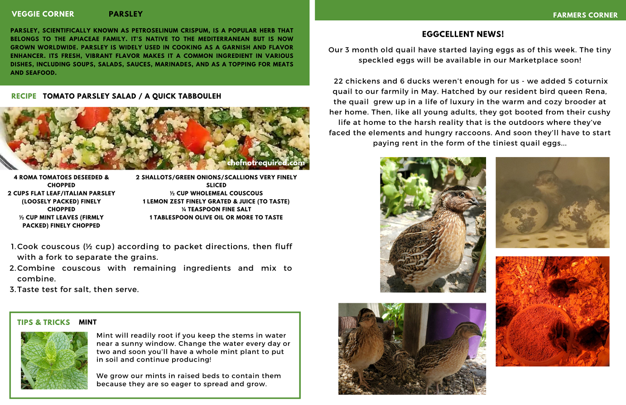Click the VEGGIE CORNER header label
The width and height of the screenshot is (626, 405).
tap(43, 14)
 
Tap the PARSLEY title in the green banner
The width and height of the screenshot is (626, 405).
tap(125, 14)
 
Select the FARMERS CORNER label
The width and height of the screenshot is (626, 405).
tap(585, 15)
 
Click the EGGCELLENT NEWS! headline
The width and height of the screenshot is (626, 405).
tap(462, 34)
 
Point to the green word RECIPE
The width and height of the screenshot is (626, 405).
tap(24, 96)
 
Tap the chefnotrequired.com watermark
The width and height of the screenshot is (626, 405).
tap(266, 162)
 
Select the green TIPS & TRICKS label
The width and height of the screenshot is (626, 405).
tap(43, 322)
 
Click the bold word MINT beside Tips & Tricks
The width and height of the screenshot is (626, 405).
tap(87, 322)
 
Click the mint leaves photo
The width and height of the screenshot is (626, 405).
tap(54, 360)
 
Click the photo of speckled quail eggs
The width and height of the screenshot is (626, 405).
tap(552, 202)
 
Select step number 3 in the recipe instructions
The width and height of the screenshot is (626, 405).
tap(13, 290)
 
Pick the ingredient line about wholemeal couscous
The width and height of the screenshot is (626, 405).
tap(216, 193)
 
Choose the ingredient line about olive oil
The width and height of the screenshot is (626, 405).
tap(216, 218)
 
